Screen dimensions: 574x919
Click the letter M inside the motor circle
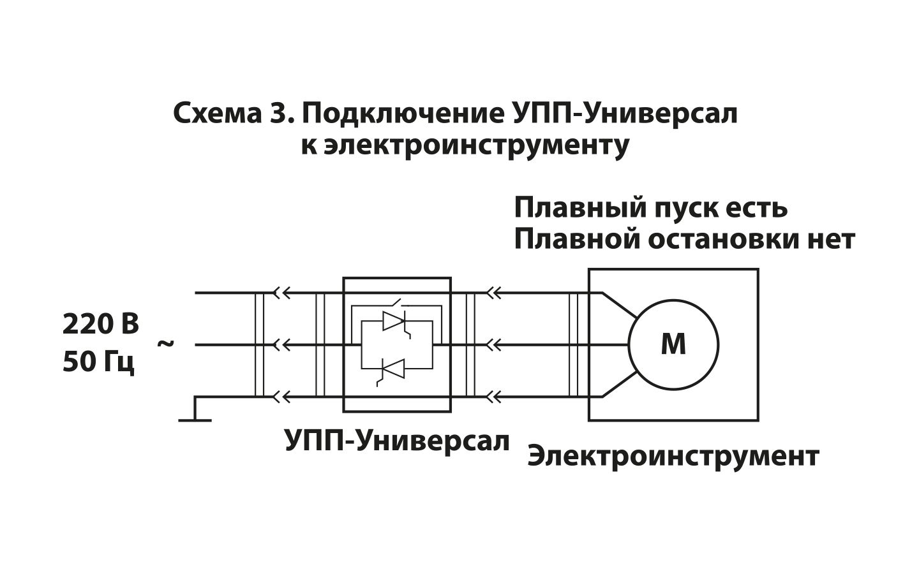[673, 345]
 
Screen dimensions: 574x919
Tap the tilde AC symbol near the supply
[165, 344]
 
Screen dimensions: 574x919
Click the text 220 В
[101, 324]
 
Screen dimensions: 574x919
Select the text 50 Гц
[99, 362]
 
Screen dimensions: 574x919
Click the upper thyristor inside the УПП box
[394, 321]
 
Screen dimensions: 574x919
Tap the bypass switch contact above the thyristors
[396, 302]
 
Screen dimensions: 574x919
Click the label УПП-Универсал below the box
[397, 441]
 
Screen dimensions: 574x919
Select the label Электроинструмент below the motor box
[673, 457]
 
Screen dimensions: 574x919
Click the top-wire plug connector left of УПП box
[282, 293]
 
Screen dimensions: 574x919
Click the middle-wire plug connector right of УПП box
[495, 345]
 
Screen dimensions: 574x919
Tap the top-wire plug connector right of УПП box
[495, 293]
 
